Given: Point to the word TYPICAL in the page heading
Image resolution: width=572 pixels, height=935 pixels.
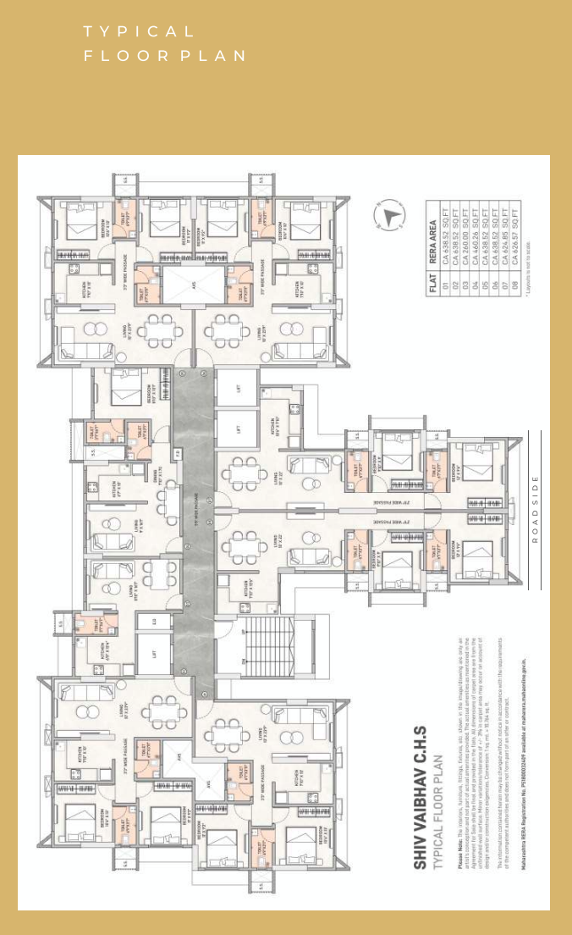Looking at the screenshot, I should (139, 32).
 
